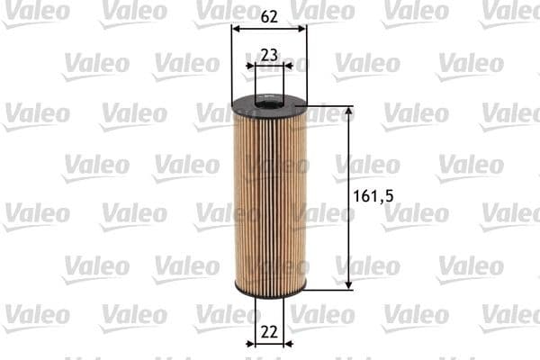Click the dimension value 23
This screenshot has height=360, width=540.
click(x=268, y=54)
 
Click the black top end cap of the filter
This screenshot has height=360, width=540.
click(x=268, y=106)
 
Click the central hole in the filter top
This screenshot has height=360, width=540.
click(x=269, y=103)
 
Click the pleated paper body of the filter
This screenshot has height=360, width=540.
click(x=269, y=198)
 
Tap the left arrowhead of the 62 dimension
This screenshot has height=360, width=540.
click(x=235, y=28)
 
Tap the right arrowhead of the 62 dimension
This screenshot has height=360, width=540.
click(x=303, y=28)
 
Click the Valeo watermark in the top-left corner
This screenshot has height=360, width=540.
click(x=36, y=12)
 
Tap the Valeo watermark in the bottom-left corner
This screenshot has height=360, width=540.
click(x=36, y=315)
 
